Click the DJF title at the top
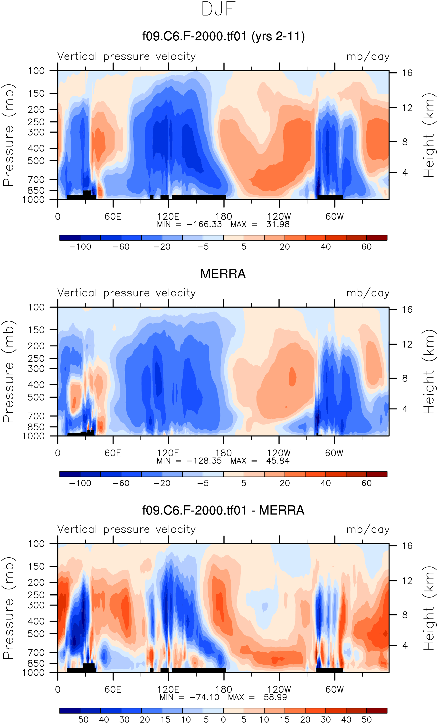click(219, 9)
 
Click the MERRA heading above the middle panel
click(223, 274)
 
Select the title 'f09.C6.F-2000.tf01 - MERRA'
click(223, 510)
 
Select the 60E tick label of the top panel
click(113, 217)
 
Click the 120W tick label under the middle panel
click(279, 453)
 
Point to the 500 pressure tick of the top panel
click(36, 161)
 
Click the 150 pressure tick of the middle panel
click(36, 330)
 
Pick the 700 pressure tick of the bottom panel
click(36, 653)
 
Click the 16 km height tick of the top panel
click(407, 73)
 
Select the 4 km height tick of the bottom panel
click(405, 646)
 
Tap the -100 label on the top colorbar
click(80, 247)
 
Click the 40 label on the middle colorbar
click(326, 483)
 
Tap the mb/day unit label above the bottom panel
click(368, 529)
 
